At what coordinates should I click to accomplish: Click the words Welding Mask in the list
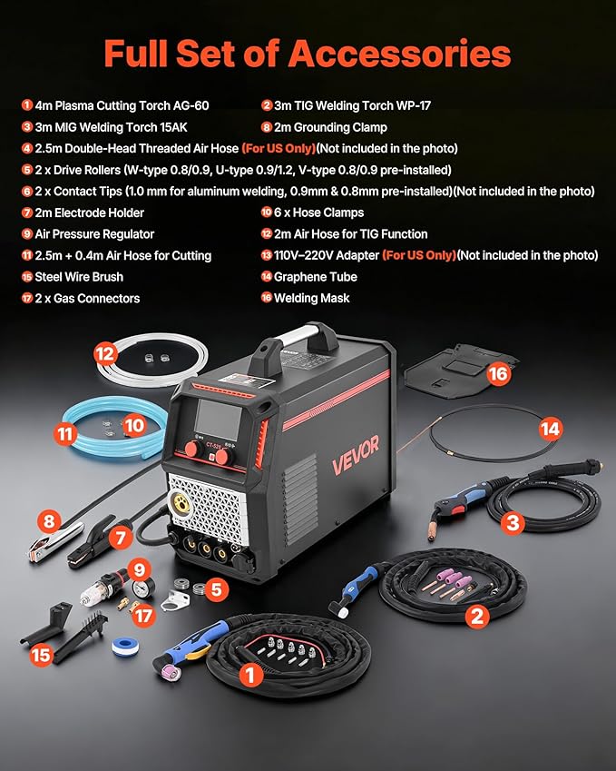pos(312,298)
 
